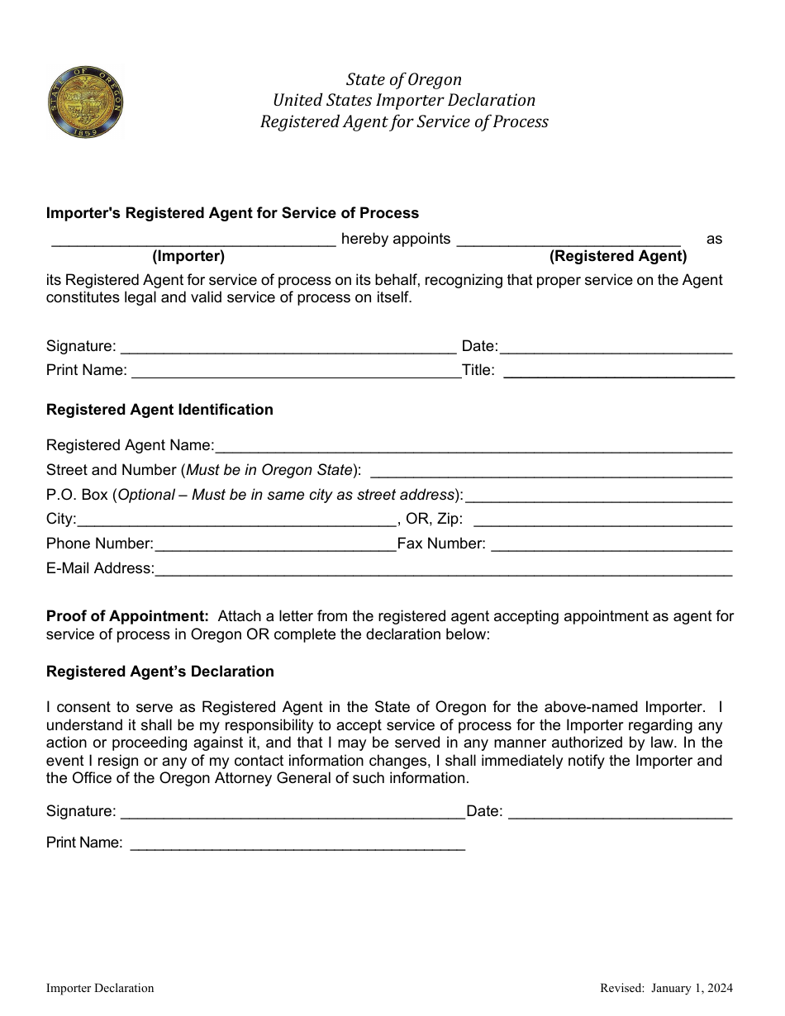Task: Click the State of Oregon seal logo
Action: (85, 102)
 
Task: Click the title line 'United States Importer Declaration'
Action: (404, 100)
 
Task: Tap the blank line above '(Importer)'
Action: (193, 240)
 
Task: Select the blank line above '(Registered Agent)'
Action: (569, 240)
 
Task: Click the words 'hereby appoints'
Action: (396, 239)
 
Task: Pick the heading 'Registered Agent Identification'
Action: (159, 410)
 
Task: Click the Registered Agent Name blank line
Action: (473, 447)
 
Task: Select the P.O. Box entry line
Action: (598, 496)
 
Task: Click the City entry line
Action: (236, 521)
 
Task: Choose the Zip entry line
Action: (602, 521)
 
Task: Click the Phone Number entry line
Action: (275, 545)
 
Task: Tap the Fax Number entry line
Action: (611, 545)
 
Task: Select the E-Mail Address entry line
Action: (443, 570)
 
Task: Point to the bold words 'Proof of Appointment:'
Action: (127, 616)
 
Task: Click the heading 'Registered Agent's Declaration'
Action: (159, 672)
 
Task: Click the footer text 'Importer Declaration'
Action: (100, 988)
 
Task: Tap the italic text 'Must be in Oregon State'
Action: (269, 470)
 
